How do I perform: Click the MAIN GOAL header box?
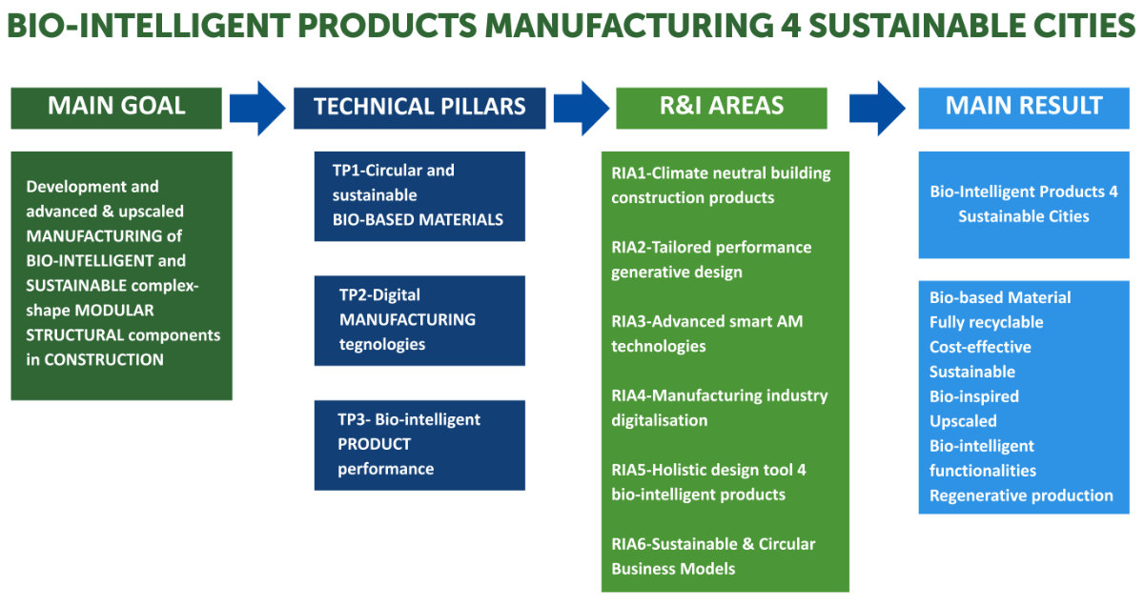point(116,107)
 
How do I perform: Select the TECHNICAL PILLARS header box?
point(419,107)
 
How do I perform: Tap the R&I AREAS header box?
point(722,107)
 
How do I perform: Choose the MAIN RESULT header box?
point(1023,107)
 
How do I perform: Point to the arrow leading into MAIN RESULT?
point(877,107)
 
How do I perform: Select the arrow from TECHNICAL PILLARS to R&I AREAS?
point(581,107)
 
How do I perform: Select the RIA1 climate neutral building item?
point(721,186)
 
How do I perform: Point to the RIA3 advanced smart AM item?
point(706,334)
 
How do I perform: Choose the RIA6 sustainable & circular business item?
point(713,556)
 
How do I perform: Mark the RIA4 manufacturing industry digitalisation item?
point(719,408)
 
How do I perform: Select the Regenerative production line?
point(1021,496)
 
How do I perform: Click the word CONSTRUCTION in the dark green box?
point(104,359)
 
